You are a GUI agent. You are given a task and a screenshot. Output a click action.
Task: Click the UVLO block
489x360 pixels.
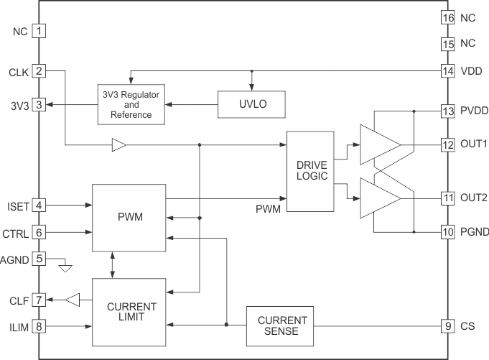click(x=251, y=105)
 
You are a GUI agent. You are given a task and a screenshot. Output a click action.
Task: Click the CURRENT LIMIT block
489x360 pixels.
click(x=131, y=311)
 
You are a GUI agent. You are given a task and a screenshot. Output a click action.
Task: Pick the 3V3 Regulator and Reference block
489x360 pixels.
click(x=131, y=105)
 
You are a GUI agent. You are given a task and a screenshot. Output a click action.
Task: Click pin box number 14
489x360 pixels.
click(x=448, y=71)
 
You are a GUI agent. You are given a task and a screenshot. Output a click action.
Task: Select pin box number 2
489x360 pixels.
click(x=39, y=71)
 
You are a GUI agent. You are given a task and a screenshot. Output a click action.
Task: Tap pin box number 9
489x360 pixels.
click(x=448, y=325)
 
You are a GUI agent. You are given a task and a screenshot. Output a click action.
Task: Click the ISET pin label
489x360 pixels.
click(x=17, y=206)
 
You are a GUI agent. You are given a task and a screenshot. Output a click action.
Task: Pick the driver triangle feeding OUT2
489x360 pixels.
click(x=379, y=197)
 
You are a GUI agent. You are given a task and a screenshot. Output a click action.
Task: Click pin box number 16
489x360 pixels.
click(x=448, y=17)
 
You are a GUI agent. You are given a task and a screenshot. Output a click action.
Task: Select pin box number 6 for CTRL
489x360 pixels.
click(x=39, y=232)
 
